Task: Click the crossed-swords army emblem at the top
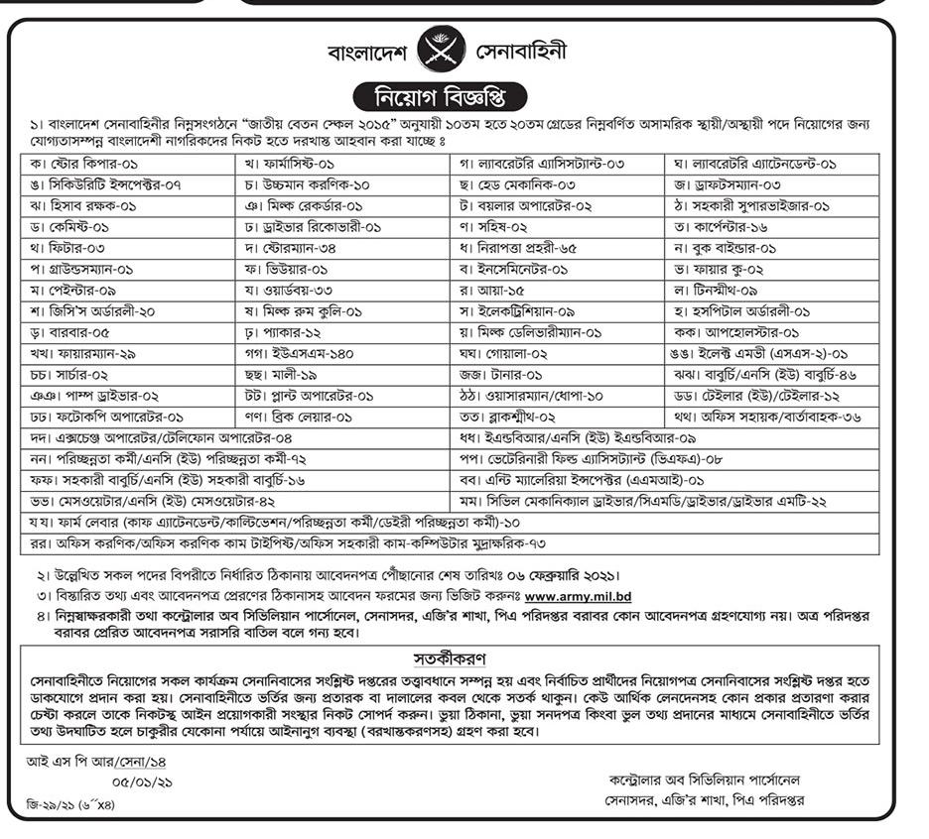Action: tap(440, 50)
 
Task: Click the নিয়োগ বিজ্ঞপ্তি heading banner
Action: tap(442, 99)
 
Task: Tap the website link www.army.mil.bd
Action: tap(578, 596)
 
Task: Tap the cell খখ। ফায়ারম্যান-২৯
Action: tap(89, 353)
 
